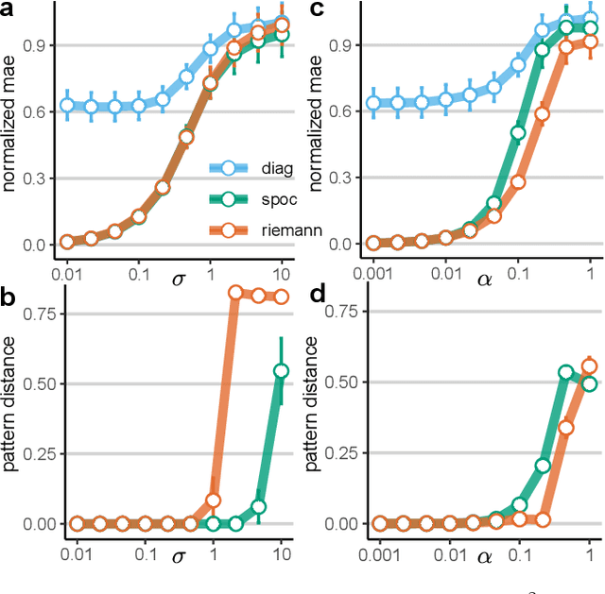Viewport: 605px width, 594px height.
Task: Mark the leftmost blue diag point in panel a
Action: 67,106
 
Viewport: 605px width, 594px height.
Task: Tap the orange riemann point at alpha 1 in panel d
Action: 590,366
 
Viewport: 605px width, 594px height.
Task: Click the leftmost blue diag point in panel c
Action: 374,103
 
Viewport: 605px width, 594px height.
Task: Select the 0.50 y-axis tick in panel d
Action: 342,382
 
